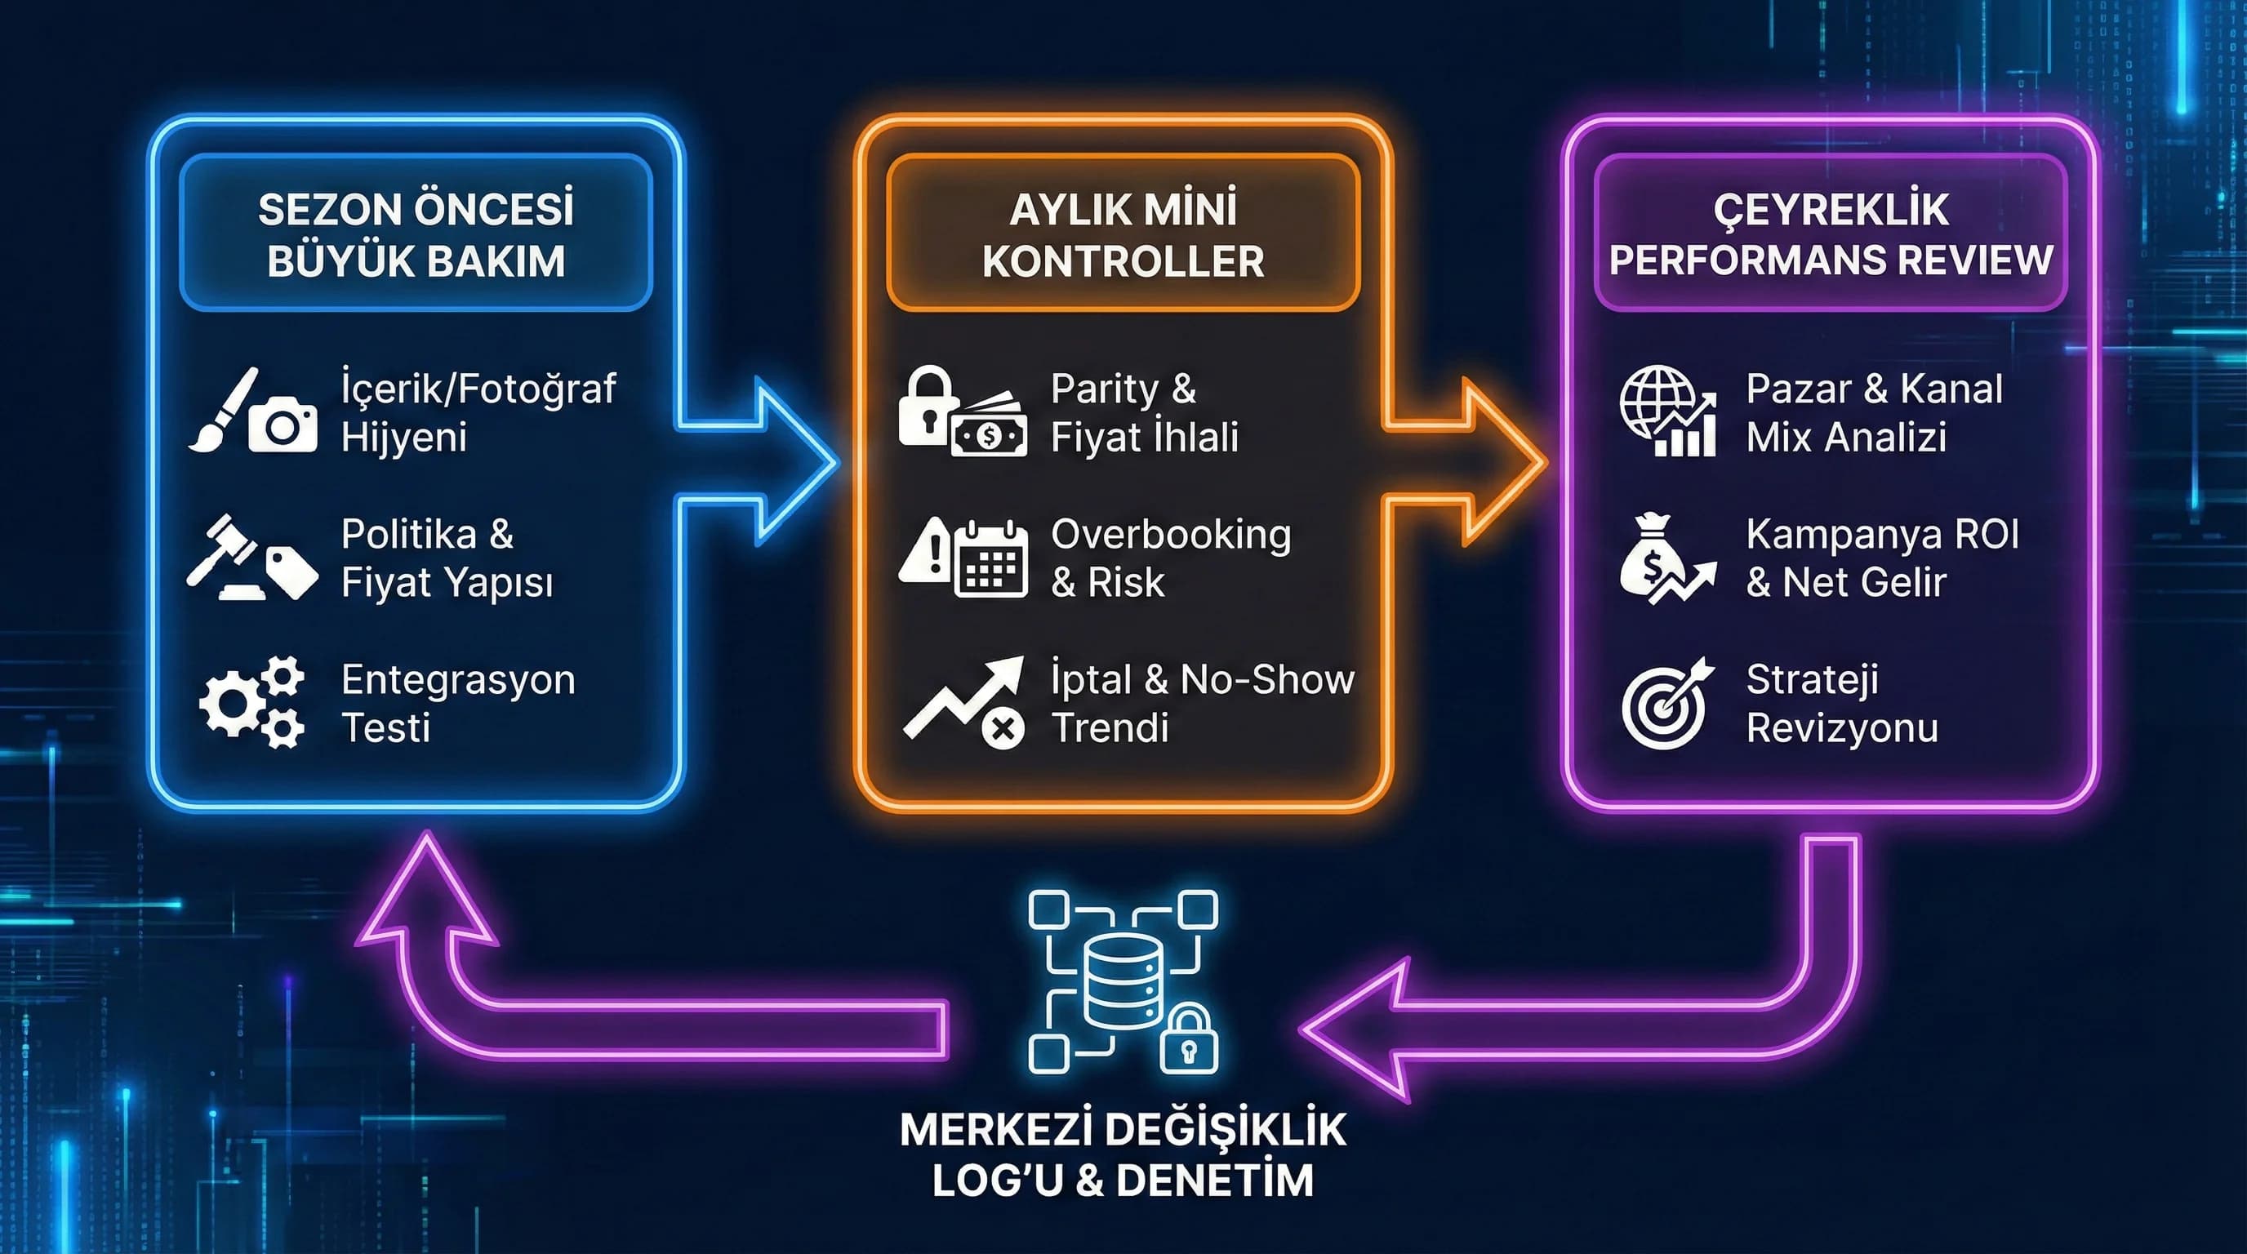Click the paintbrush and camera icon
point(253,411)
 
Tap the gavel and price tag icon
point(252,558)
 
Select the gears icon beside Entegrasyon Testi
point(252,703)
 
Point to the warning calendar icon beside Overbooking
point(962,558)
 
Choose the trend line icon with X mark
point(963,703)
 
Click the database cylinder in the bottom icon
point(1123,978)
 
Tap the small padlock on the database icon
point(1188,1039)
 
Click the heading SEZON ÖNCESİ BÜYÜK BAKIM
point(416,234)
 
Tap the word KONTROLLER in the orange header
point(1123,261)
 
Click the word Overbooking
point(1171,535)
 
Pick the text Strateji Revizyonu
point(1840,703)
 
